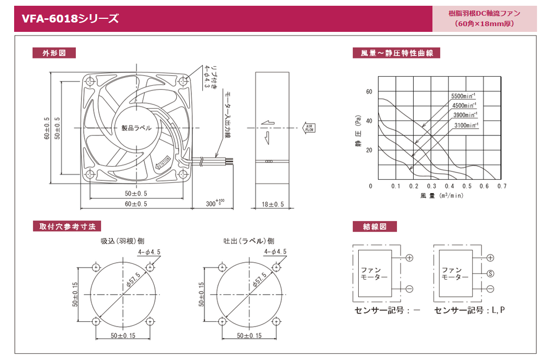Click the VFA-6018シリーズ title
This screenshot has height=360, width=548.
(x=70, y=19)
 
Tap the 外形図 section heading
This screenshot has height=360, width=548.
(x=54, y=53)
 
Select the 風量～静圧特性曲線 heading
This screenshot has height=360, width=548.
(x=396, y=53)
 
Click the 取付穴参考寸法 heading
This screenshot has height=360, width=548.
(x=67, y=226)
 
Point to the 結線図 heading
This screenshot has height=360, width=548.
(x=375, y=226)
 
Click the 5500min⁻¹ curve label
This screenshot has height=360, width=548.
(x=463, y=96)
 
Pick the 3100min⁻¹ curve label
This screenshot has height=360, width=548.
(x=466, y=125)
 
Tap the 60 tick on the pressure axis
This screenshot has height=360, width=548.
(x=369, y=91)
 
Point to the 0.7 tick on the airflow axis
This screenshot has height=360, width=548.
(x=502, y=186)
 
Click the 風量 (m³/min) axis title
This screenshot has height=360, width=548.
(x=441, y=196)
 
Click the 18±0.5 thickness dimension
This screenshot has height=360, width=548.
(x=272, y=204)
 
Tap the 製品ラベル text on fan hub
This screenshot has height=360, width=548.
(x=136, y=128)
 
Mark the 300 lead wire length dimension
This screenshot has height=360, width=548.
(x=213, y=203)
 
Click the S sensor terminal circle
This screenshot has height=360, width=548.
(x=490, y=273)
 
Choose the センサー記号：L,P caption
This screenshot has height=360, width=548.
(x=470, y=310)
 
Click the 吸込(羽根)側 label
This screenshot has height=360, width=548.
(x=123, y=241)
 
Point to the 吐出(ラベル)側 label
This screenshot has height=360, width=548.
(x=248, y=241)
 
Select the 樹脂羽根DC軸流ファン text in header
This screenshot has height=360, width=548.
(x=484, y=14)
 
